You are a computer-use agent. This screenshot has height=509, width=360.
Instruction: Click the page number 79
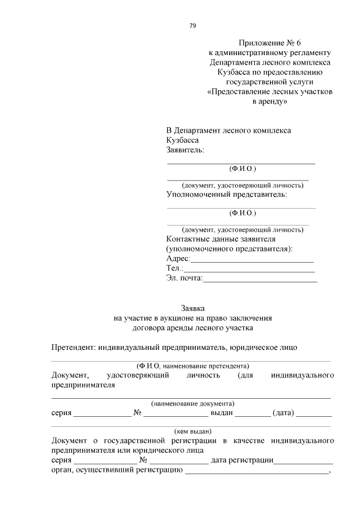[x=192, y=25]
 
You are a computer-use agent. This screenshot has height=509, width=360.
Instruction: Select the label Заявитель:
[x=186, y=150]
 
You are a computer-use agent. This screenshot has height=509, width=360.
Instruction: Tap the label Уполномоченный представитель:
[x=226, y=195]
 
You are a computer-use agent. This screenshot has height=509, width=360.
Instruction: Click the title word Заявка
[x=192, y=308]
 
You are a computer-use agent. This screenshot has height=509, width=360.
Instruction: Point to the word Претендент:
[x=73, y=347]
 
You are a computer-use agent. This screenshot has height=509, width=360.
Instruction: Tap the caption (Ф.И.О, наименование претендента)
[x=192, y=366]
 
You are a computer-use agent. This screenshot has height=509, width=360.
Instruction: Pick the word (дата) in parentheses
[x=283, y=413]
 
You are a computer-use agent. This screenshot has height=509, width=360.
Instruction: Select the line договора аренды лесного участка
[x=192, y=327]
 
